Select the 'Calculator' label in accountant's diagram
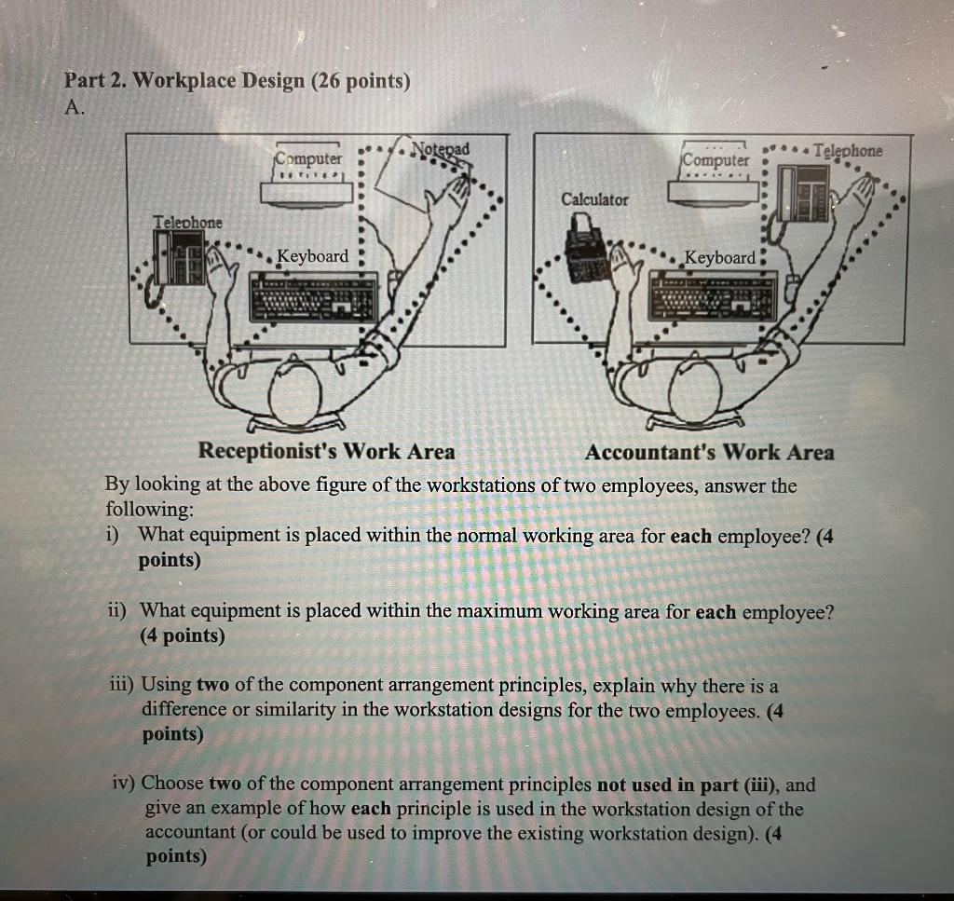pos(594,199)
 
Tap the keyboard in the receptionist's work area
pos(314,296)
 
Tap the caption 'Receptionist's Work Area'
pos(327,452)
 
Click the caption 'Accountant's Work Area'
pos(709,453)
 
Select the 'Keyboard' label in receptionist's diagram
pos(313,256)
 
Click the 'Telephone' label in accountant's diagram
pos(847,150)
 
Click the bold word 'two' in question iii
pos(212,686)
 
